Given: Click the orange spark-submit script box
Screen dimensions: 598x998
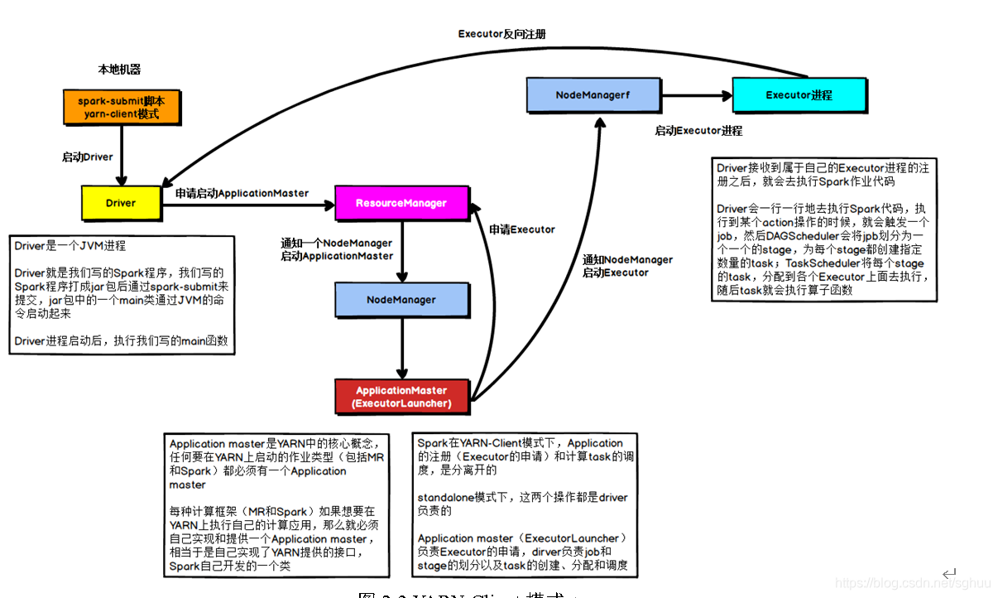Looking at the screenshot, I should [x=121, y=108].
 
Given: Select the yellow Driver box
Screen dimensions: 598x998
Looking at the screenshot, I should [x=121, y=203].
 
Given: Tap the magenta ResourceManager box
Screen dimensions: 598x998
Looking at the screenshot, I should [x=401, y=203].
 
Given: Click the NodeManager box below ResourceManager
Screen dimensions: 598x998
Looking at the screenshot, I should [x=401, y=300].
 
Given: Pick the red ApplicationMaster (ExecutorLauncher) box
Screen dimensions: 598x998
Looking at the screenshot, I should [x=401, y=397].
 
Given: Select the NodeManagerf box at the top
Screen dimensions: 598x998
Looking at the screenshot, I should [x=593, y=95].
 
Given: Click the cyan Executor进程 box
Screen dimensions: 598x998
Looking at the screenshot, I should [x=799, y=95].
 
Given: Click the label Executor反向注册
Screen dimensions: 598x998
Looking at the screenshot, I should [x=501, y=34].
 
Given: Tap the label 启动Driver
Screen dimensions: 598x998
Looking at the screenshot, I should [x=87, y=157].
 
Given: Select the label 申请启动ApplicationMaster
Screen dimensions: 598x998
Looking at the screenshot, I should [x=242, y=193].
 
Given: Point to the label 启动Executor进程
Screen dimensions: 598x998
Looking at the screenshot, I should [x=698, y=131].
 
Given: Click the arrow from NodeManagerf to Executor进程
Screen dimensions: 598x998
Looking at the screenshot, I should [x=696, y=95].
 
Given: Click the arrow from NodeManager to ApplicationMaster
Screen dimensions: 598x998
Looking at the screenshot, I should [x=402, y=348].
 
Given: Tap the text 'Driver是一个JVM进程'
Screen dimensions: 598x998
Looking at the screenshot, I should [x=70, y=246].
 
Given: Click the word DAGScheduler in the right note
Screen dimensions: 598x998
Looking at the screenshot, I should [x=794, y=236].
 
